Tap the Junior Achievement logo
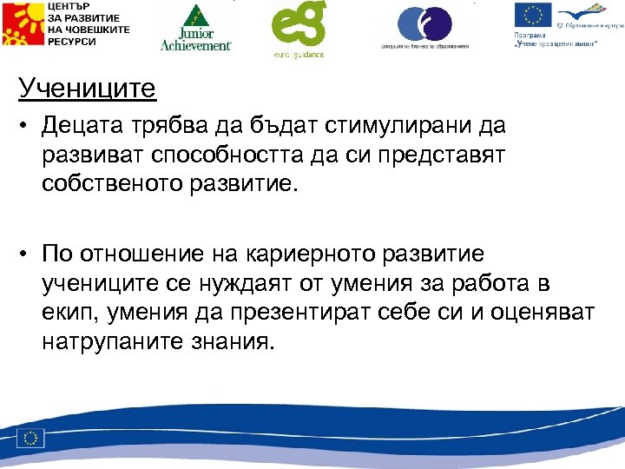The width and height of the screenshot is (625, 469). point(196,28)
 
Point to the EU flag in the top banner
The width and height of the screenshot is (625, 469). point(532,17)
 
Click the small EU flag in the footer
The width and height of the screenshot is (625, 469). point(32,437)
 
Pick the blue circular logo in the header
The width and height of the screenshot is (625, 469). point(424,23)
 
